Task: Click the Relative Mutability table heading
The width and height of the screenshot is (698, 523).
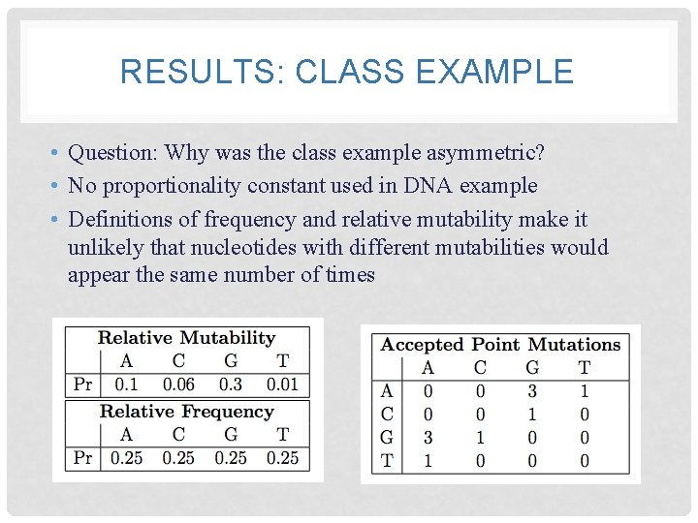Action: (x=187, y=338)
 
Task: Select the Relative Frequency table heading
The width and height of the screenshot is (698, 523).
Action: (x=187, y=412)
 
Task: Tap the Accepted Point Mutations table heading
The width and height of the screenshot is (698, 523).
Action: (x=500, y=344)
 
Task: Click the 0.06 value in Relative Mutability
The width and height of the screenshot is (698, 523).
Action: (x=178, y=385)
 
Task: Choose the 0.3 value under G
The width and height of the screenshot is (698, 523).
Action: (x=231, y=385)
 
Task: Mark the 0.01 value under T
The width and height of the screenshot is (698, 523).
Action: (x=282, y=385)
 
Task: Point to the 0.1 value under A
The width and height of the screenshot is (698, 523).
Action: (x=127, y=385)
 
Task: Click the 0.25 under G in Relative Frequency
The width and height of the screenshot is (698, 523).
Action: (x=231, y=457)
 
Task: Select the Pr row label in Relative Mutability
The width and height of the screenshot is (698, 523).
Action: (x=83, y=385)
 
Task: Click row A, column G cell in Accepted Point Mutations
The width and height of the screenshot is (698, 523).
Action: (x=532, y=391)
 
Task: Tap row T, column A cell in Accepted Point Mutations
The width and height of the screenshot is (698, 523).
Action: (x=428, y=461)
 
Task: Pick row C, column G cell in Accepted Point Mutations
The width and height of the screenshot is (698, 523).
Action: (x=532, y=415)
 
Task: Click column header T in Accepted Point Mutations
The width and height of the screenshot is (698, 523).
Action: (x=585, y=367)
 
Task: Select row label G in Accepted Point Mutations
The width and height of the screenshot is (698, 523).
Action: (x=387, y=438)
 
